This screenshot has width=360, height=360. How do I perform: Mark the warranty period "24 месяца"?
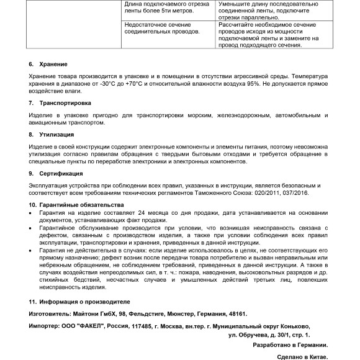[156, 212]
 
